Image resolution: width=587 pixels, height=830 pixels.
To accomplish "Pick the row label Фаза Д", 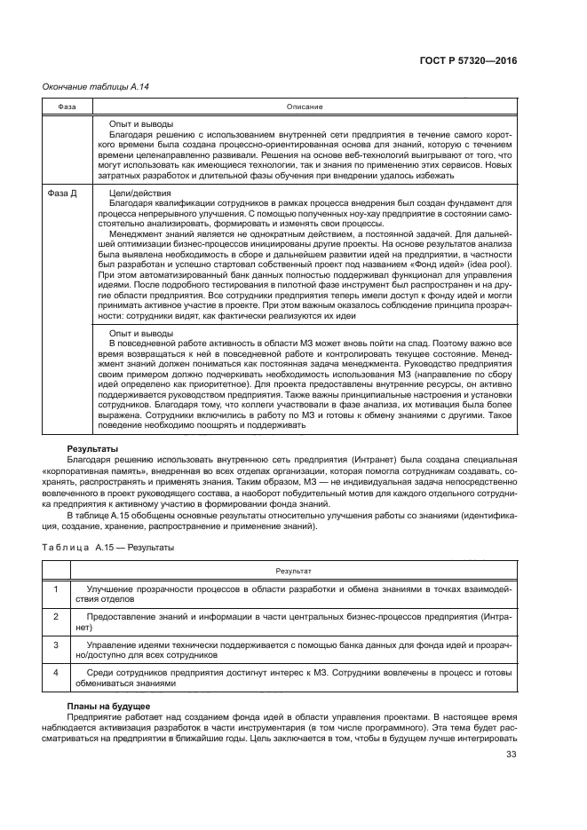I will [x=59, y=193].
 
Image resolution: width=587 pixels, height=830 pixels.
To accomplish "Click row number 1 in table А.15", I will [x=55, y=589].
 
